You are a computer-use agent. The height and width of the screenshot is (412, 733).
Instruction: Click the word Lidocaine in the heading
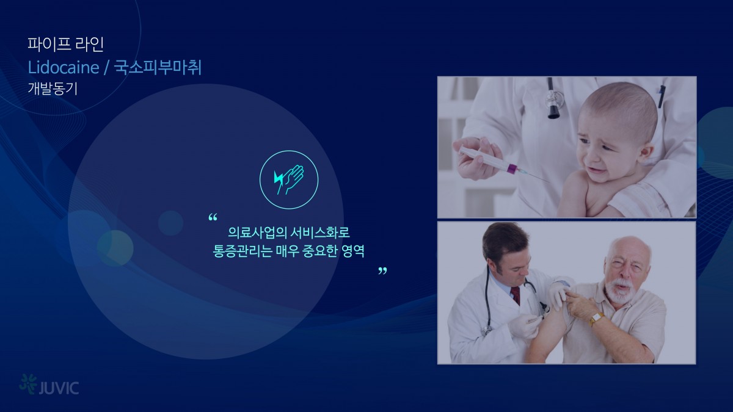click(x=64, y=68)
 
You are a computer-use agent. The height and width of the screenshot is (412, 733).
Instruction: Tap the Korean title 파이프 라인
click(x=65, y=45)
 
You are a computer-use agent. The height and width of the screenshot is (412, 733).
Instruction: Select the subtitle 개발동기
click(x=53, y=89)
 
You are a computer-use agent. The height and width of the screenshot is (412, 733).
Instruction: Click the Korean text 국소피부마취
click(x=158, y=68)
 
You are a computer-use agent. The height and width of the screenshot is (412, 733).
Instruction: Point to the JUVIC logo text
click(x=59, y=388)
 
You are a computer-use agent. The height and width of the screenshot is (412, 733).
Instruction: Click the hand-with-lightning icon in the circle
click(x=289, y=179)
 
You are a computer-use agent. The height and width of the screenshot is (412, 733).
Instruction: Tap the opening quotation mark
click(x=213, y=217)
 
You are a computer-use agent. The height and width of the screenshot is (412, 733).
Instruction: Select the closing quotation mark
click(x=382, y=271)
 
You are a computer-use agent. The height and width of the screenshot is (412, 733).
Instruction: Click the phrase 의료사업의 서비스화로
click(x=289, y=233)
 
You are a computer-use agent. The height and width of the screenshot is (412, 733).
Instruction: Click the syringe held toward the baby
click(x=501, y=164)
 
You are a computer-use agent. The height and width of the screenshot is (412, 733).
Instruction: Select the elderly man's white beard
click(x=618, y=290)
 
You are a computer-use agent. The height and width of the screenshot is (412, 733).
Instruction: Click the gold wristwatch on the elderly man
click(x=597, y=319)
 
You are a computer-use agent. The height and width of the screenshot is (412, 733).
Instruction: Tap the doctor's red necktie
click(x=516, y=295)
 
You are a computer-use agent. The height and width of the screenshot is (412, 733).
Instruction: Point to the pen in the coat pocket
click(x=662, y=97)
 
